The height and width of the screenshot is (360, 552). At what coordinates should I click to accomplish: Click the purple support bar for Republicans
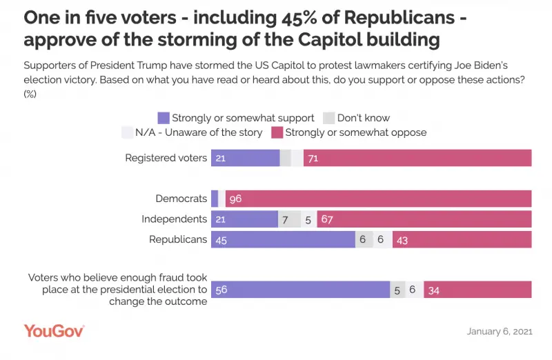(x=283, y=239)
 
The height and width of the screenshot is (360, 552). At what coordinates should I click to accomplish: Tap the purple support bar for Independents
(x=244, y=219)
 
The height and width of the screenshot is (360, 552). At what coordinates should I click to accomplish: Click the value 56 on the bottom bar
(x=221, y=290)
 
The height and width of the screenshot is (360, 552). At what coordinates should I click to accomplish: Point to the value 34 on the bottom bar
(x=434, y=290)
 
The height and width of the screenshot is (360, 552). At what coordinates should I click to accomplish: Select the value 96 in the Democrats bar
(x=235, y=199)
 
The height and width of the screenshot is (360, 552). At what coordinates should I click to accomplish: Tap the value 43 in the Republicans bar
(x=403, y=239)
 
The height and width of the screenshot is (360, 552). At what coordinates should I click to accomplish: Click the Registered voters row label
(x=166, y=158)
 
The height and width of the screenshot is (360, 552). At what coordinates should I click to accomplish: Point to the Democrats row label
(x=181, y=199)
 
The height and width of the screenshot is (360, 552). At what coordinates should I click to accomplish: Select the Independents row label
(x=174, y=219)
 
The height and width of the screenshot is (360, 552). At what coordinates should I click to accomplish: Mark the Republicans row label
(x=178, y=239)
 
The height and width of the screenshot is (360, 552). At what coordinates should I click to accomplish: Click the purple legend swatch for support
(x=164, y=118)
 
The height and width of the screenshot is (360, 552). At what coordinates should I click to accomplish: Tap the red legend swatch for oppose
(x=277, y=132)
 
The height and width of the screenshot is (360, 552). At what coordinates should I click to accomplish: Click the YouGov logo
(x=54, y=331)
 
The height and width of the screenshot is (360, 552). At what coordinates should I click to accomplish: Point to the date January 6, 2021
(x=500, y=332)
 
